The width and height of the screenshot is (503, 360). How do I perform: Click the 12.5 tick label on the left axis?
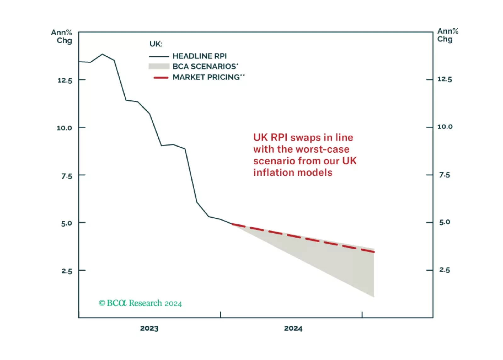click(65, 81)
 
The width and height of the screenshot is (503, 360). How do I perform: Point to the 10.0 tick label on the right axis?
click(445, 127)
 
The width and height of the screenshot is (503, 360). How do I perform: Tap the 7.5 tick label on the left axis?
click(67, 176)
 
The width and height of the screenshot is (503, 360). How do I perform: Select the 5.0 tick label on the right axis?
click(444, 222)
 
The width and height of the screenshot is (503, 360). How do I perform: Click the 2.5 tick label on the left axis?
click(67, 271)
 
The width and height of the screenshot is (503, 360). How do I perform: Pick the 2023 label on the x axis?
click(149, 329)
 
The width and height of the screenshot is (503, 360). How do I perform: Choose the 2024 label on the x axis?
click(293, 329)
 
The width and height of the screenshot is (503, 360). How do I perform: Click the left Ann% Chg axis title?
click(62, 37)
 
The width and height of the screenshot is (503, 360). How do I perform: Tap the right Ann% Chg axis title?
click(447, 35)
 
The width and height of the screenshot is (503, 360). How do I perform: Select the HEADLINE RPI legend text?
click(200, 56)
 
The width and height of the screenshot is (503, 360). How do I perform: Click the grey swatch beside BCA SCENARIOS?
click(159, 66)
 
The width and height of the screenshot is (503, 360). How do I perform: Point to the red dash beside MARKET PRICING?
click(161, 77)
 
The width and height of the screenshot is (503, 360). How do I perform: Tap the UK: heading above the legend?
click(156, 44)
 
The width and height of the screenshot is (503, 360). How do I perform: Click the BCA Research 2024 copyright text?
click(140, 303)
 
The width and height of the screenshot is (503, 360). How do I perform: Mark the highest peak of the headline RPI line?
click(102, 54)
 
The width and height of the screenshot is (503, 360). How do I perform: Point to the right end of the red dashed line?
click(374, 252)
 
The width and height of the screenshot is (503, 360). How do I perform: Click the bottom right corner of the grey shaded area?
click(374, 296)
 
